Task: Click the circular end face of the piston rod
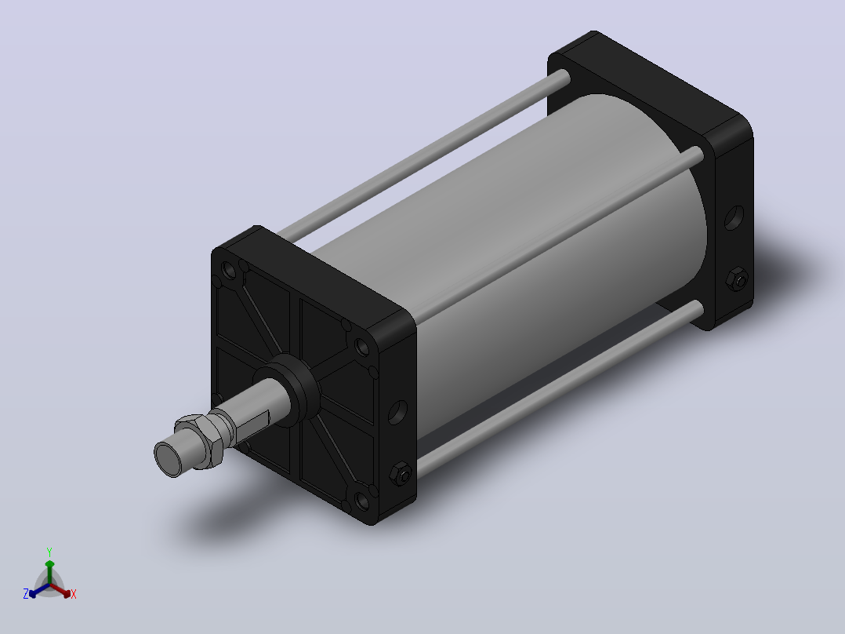click(169, 458)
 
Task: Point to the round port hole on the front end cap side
click(397, 412)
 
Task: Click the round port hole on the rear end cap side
click(734, 217)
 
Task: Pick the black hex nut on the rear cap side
click(736, 279)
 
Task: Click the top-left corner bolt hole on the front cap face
click(229, 271)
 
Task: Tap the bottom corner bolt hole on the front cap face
click(362, 501)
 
